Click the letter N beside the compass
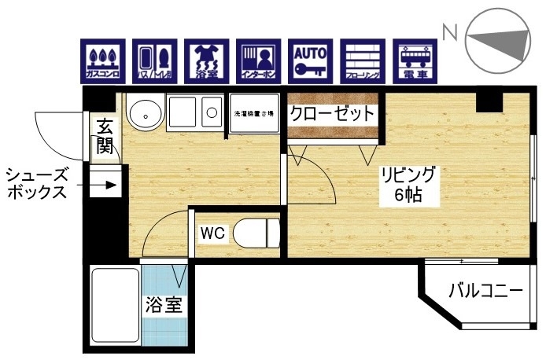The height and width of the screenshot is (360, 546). [x=451, y=32]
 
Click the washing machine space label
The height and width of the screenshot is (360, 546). [x=253, y=115]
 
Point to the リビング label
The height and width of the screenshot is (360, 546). [x=408, y=174]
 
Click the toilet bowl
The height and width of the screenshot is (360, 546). [x=255, y=233]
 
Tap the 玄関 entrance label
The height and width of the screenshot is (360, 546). [x=105, y=135]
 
